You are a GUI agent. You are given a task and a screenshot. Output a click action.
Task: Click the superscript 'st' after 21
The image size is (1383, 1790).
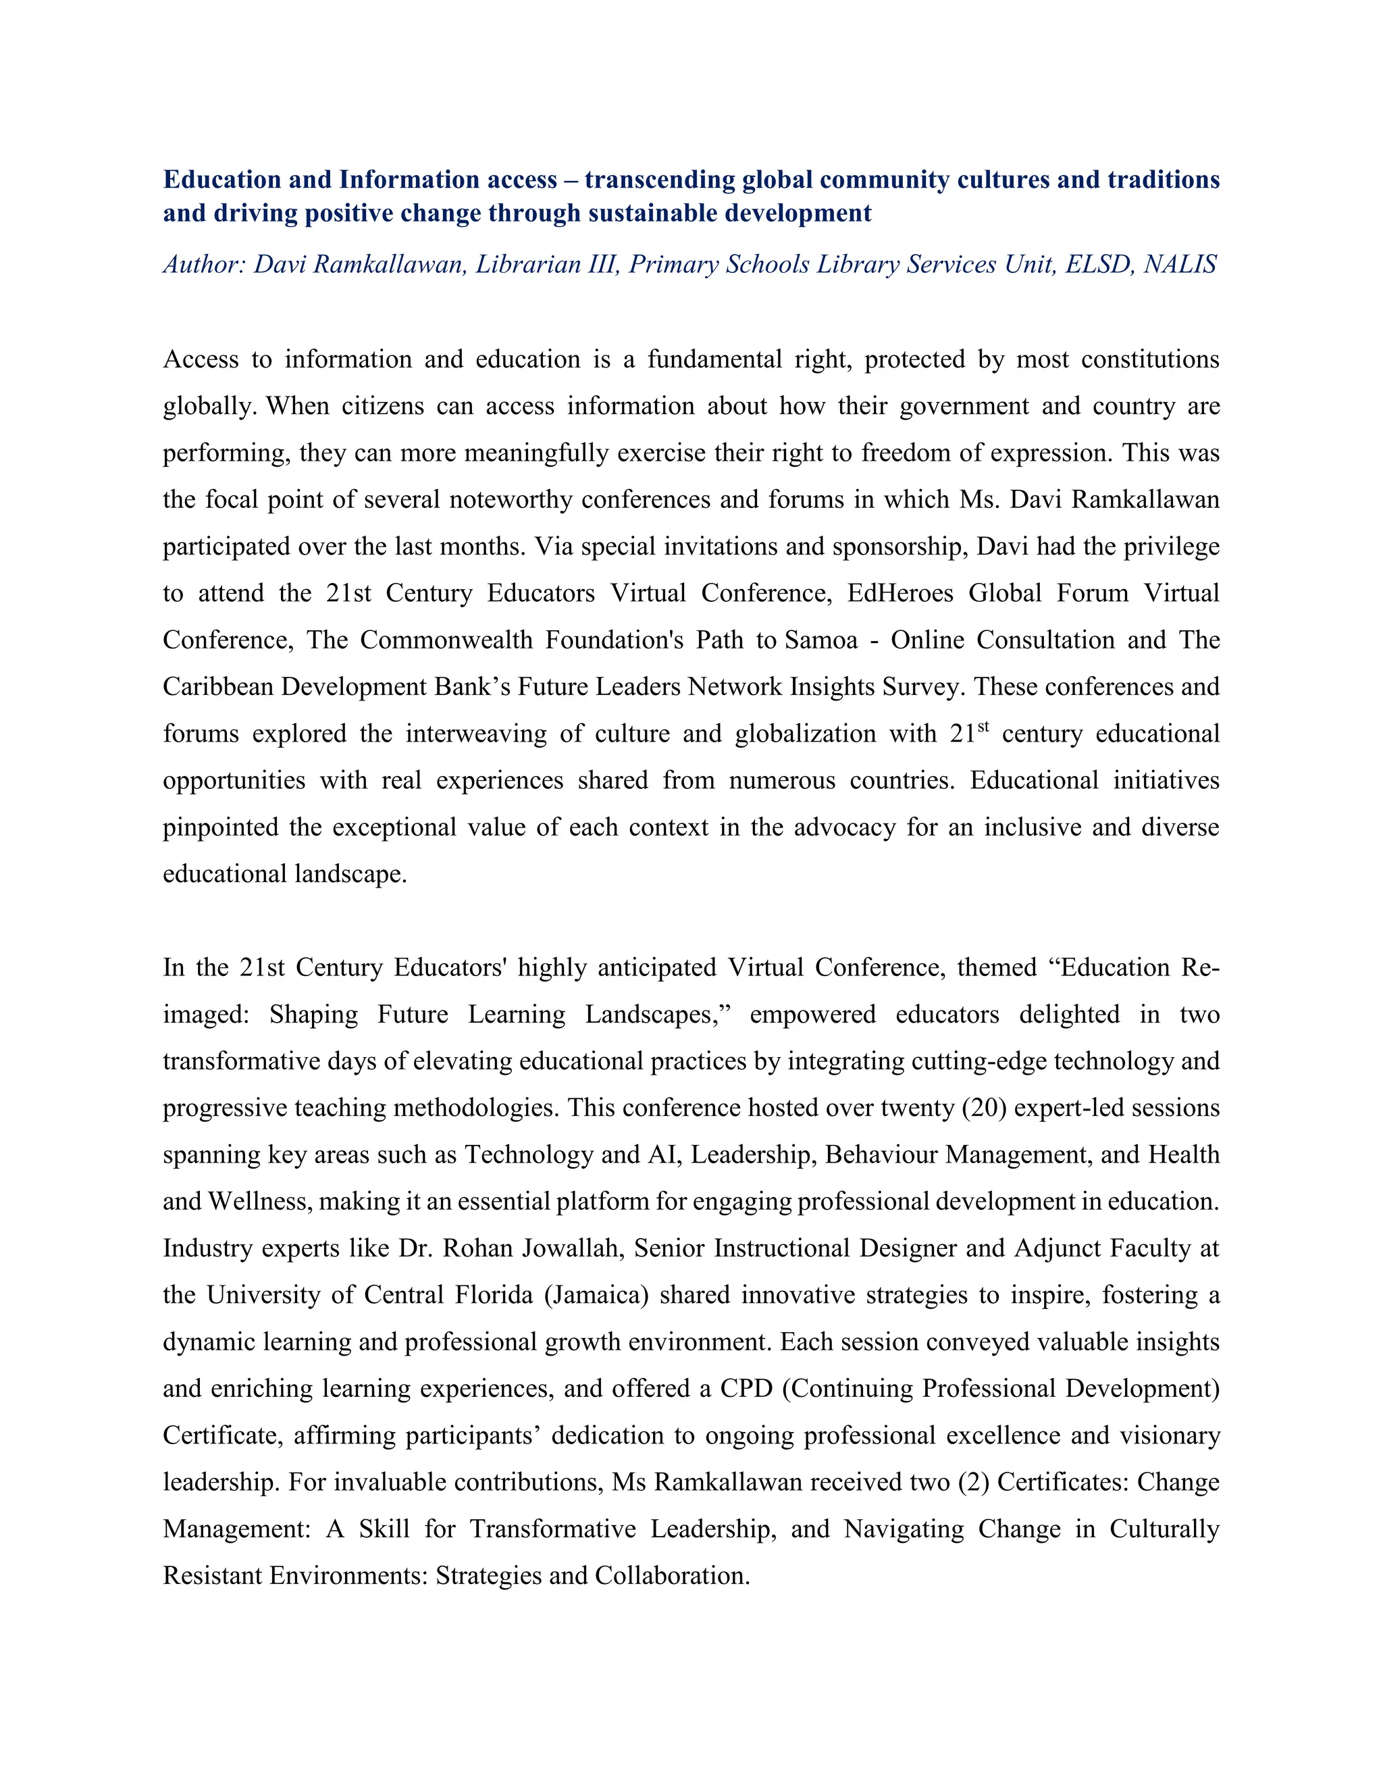[983, 725]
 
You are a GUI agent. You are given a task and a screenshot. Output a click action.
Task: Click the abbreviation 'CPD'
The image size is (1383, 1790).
[746, 1387]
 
